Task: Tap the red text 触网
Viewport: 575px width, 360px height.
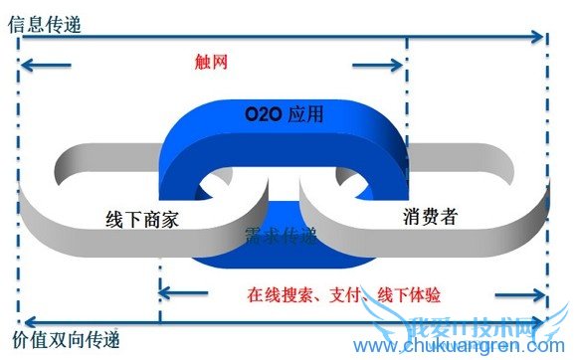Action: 213,62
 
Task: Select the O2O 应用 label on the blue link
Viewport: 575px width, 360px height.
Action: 284,115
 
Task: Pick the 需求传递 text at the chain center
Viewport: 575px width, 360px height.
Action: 282,236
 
